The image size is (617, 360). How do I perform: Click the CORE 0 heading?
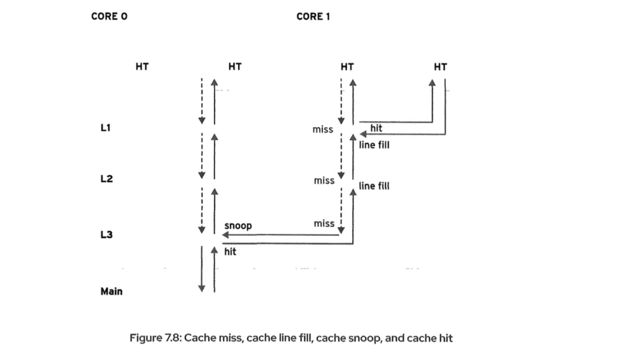pos(109,17)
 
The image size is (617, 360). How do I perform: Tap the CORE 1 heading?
pos(313,17)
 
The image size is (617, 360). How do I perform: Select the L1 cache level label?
pos(106,128)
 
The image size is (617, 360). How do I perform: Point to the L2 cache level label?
pos(107,179)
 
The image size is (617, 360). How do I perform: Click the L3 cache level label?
pos(107,235)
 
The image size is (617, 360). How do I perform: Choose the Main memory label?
pos(112,291)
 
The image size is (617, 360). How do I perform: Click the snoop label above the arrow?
pos(238,226)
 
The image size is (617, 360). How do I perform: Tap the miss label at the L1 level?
pos(322,130)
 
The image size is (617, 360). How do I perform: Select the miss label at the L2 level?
pos(324,181)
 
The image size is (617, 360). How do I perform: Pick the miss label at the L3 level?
pos(324,223)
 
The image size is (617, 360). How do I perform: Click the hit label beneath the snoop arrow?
pos(230,252)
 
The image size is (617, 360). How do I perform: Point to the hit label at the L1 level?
pos(376,128)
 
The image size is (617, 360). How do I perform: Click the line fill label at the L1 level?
pos(374,145)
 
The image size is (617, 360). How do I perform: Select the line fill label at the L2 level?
pos(374,186)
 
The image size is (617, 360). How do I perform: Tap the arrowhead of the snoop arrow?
pos(225,235)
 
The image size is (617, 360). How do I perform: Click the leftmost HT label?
pos(142,66)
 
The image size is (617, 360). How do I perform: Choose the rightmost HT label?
pos(440,66)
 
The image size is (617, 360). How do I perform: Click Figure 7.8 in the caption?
pos(155,338)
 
